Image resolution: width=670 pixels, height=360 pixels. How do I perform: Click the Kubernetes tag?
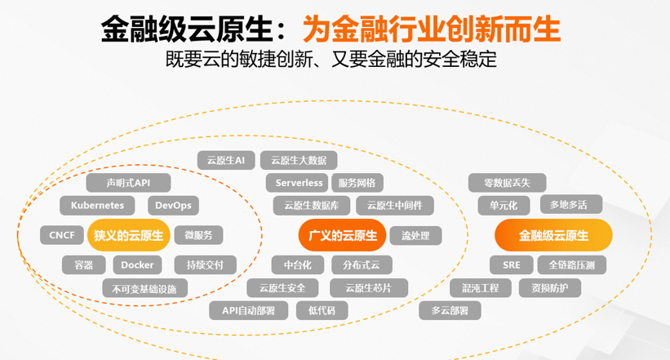(x=97, y=205)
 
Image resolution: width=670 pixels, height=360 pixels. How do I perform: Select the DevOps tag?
(x=173, y=205)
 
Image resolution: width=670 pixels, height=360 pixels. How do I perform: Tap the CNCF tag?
(x=62, y=235)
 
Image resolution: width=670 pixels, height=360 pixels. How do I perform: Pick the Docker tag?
(x=137, y=265)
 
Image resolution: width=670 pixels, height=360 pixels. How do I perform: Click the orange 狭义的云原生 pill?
(x=129, y=235)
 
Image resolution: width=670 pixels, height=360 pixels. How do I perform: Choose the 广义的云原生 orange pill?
(x=342, y=235)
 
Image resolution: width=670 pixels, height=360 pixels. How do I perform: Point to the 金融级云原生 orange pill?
(x=553, y=235)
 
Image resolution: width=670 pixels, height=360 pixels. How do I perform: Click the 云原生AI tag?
(x=226, y=160)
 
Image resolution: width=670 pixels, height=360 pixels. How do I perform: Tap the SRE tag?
(x=512, y=265)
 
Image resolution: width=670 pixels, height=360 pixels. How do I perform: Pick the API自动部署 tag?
(x=248, y=310)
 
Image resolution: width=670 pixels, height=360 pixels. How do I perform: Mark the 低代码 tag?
(x=322, y=310)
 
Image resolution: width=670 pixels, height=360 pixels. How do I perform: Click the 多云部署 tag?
(x=450, y=310)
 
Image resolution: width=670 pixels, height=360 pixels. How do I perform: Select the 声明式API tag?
(x=128, y=183)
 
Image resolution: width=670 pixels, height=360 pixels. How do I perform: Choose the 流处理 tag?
(x=415, y=236)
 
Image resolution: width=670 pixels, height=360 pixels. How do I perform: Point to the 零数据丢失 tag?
(x=508, y=183)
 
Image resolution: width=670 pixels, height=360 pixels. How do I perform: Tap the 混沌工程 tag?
(x=481, y=287)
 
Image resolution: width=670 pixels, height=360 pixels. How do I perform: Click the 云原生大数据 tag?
(x=299, y=160)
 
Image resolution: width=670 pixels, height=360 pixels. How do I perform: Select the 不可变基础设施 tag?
(x=144, y=289)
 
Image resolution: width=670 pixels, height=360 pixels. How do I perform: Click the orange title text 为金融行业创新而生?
(x=432, y=29)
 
